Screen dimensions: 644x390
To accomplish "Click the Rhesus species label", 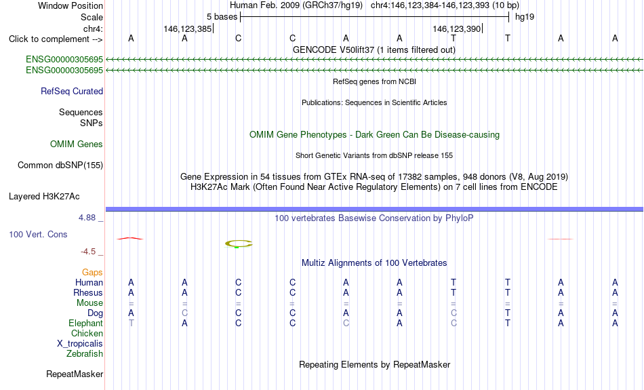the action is [88, 292].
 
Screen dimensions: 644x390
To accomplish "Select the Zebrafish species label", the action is [85, 353].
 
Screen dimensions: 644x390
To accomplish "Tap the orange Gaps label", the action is [92, 273].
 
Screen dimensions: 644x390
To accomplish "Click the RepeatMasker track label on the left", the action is [75, 374].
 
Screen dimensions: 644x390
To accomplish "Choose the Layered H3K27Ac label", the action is [44, 197].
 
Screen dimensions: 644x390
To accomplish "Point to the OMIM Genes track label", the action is [77, 144].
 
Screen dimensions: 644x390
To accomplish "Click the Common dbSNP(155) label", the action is [60, 165].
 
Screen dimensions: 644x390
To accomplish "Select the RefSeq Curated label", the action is [72, 92].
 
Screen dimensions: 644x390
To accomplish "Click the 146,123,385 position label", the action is [187, 28].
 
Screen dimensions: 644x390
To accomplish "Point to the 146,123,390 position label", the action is [456, 28].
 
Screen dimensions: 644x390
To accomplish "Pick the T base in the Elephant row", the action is [131, 324].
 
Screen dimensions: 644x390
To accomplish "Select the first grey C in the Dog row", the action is [185, 313].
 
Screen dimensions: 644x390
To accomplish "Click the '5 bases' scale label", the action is [222, 17].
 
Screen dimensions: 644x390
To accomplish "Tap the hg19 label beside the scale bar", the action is [525, 17].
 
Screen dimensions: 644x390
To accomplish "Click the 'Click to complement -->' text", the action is [56, 39].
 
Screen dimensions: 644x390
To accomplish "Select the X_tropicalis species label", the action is [80, 344].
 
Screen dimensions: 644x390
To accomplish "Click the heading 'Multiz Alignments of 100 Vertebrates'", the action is [374, 262].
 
